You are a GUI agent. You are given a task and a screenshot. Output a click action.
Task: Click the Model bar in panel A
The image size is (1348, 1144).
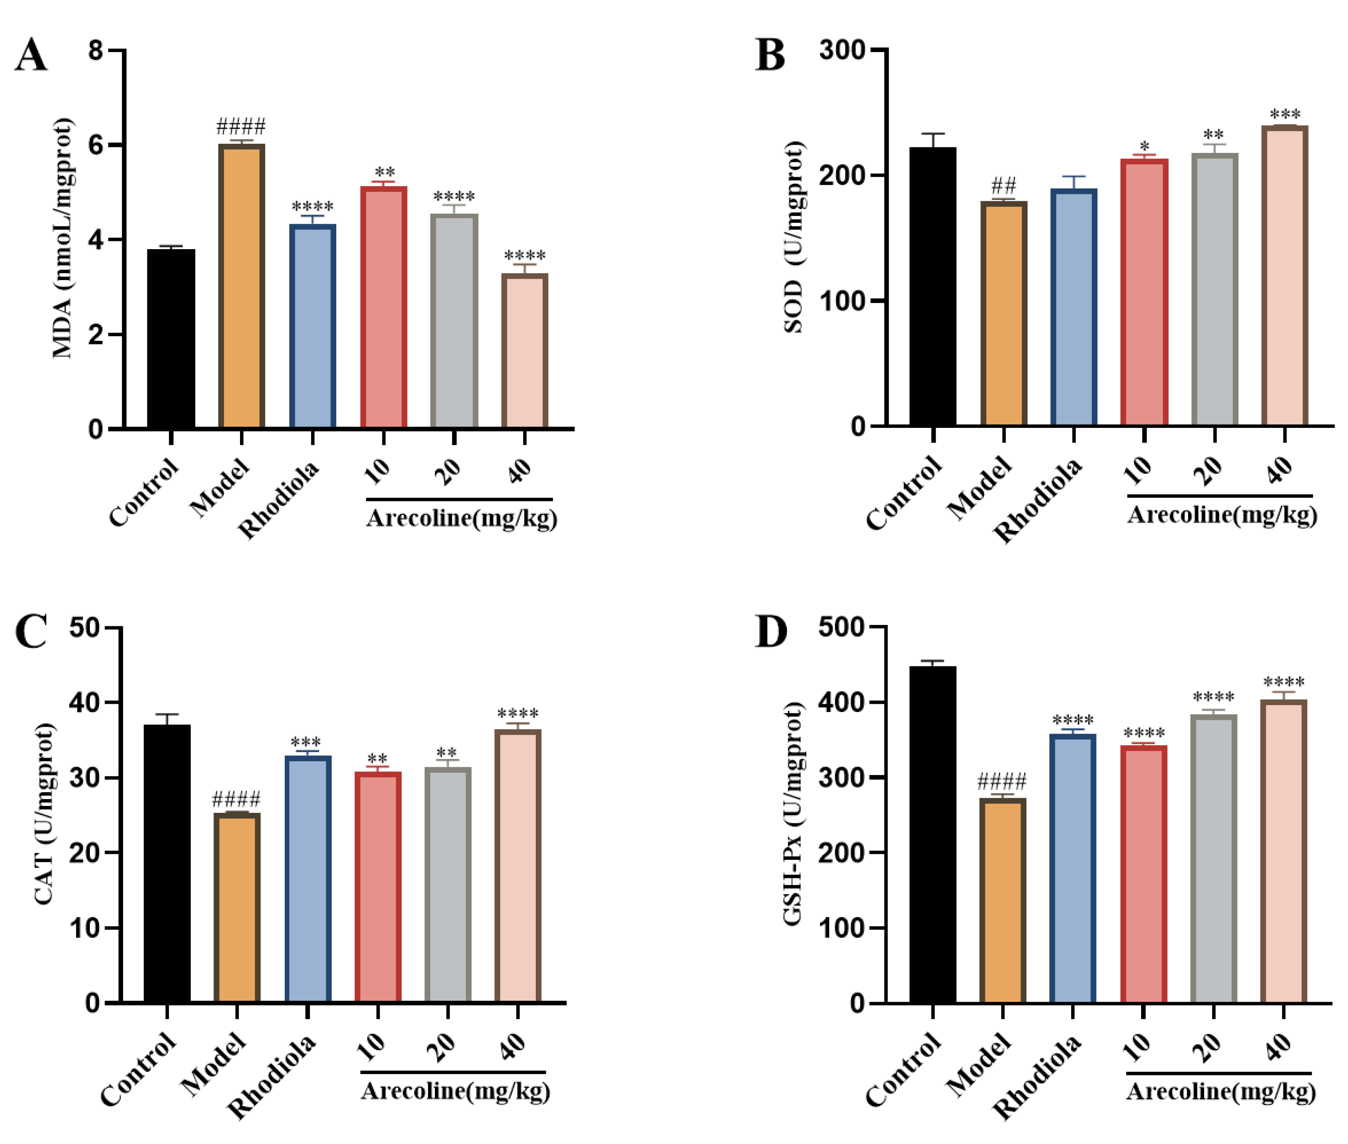click(241, 286)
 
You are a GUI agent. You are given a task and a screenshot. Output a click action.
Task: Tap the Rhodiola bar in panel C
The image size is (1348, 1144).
click(307, 878)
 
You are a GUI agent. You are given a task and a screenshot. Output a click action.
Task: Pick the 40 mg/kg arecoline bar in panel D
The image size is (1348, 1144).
click(1283, 850)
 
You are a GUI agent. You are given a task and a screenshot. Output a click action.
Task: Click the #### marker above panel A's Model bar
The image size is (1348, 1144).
click(240, 125)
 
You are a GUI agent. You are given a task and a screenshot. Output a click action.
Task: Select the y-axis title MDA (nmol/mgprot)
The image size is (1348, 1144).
click(63, 238)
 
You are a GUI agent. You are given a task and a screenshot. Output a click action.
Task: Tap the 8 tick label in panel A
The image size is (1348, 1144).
click(96, 50)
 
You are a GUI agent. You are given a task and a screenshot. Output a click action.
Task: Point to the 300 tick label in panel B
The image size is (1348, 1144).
click(841, 50)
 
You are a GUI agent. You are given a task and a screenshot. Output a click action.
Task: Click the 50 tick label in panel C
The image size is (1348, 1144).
click(84, 627)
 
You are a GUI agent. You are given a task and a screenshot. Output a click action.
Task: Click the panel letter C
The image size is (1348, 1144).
click(31, 631)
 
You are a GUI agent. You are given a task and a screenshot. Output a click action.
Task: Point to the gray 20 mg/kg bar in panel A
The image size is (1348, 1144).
click(454, 321)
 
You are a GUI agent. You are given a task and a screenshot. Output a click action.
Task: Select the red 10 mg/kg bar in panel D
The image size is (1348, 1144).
click(1143, 873)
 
